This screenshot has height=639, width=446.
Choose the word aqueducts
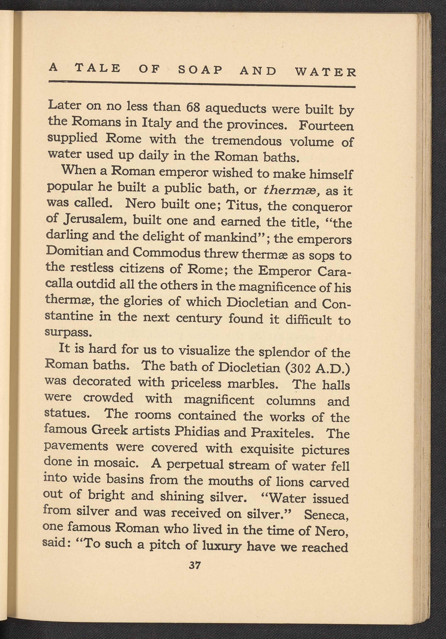pyautogui.click(x=235, y=108)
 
